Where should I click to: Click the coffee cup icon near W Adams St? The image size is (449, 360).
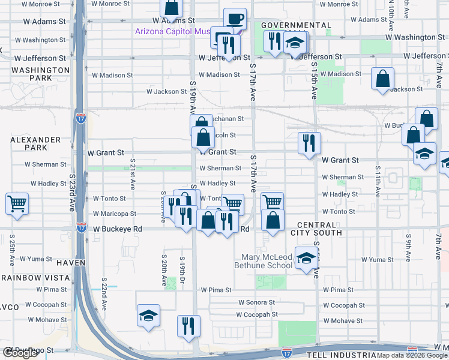point(235,18)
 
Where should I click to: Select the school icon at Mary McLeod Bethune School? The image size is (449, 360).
point(306,258)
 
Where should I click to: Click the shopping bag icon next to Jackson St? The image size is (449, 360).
point(382,79)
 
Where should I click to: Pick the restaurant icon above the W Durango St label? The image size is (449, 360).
point(188,326)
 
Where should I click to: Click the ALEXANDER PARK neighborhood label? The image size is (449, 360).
point(35,143)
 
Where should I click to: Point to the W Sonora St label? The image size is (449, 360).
point(256,303)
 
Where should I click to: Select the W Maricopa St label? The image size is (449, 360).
point(115,214)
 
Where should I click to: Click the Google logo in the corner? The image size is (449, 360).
point(20,353)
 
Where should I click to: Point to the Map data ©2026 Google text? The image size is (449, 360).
point(411,355)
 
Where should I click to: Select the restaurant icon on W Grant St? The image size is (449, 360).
point(309,143)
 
